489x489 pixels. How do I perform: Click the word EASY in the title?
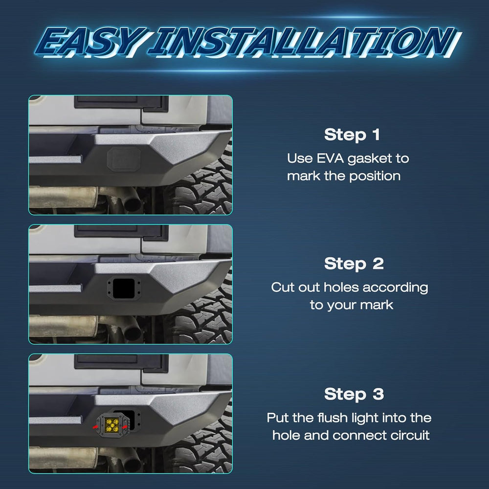(90, 42)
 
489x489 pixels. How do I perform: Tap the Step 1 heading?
(352, 135)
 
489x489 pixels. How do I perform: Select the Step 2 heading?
(354, 264)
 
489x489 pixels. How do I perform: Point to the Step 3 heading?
(354, 394)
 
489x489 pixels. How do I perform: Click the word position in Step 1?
(375, 177)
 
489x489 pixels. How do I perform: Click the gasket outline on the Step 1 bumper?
(124, 159)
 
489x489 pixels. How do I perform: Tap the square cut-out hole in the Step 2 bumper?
(124, 289)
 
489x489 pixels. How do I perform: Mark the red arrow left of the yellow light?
(96, 426)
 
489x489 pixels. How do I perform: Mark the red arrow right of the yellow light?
(125, 426)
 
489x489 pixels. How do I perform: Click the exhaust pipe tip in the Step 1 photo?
(132, 201)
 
